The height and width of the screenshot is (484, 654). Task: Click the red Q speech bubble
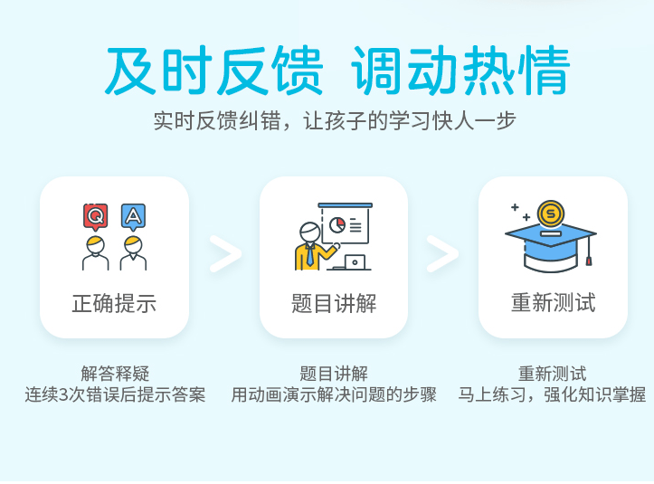[96, 216]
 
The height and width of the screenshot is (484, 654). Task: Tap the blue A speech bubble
[133, 216]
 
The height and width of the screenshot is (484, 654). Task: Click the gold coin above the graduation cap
[551, 214]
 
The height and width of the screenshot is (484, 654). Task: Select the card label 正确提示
[114, 303]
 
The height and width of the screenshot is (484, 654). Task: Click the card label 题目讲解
[334, 303]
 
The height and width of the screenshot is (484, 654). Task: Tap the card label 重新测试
[553, 302]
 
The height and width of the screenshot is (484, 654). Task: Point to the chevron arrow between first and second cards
[225, 253]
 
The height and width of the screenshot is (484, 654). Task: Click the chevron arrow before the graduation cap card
[442, 253]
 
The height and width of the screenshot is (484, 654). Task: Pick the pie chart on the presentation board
[337, 225]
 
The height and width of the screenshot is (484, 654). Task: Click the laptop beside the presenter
[352, 263]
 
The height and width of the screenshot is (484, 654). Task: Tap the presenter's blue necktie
[310, 255]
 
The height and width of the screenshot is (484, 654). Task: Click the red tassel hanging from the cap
[589, 261]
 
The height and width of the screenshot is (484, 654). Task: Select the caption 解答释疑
[115, 374]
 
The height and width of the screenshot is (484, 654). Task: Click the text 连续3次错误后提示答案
[115, 394]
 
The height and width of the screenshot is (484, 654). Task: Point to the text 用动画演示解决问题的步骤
[334, 394]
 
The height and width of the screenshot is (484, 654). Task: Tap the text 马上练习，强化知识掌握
[552, 394]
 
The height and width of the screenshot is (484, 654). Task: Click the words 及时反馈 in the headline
[213, 70]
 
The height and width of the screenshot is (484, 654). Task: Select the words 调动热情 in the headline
[460, 70]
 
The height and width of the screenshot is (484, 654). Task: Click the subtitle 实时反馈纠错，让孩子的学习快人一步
[335, 121]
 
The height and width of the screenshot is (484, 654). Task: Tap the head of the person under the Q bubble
[96, 244]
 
